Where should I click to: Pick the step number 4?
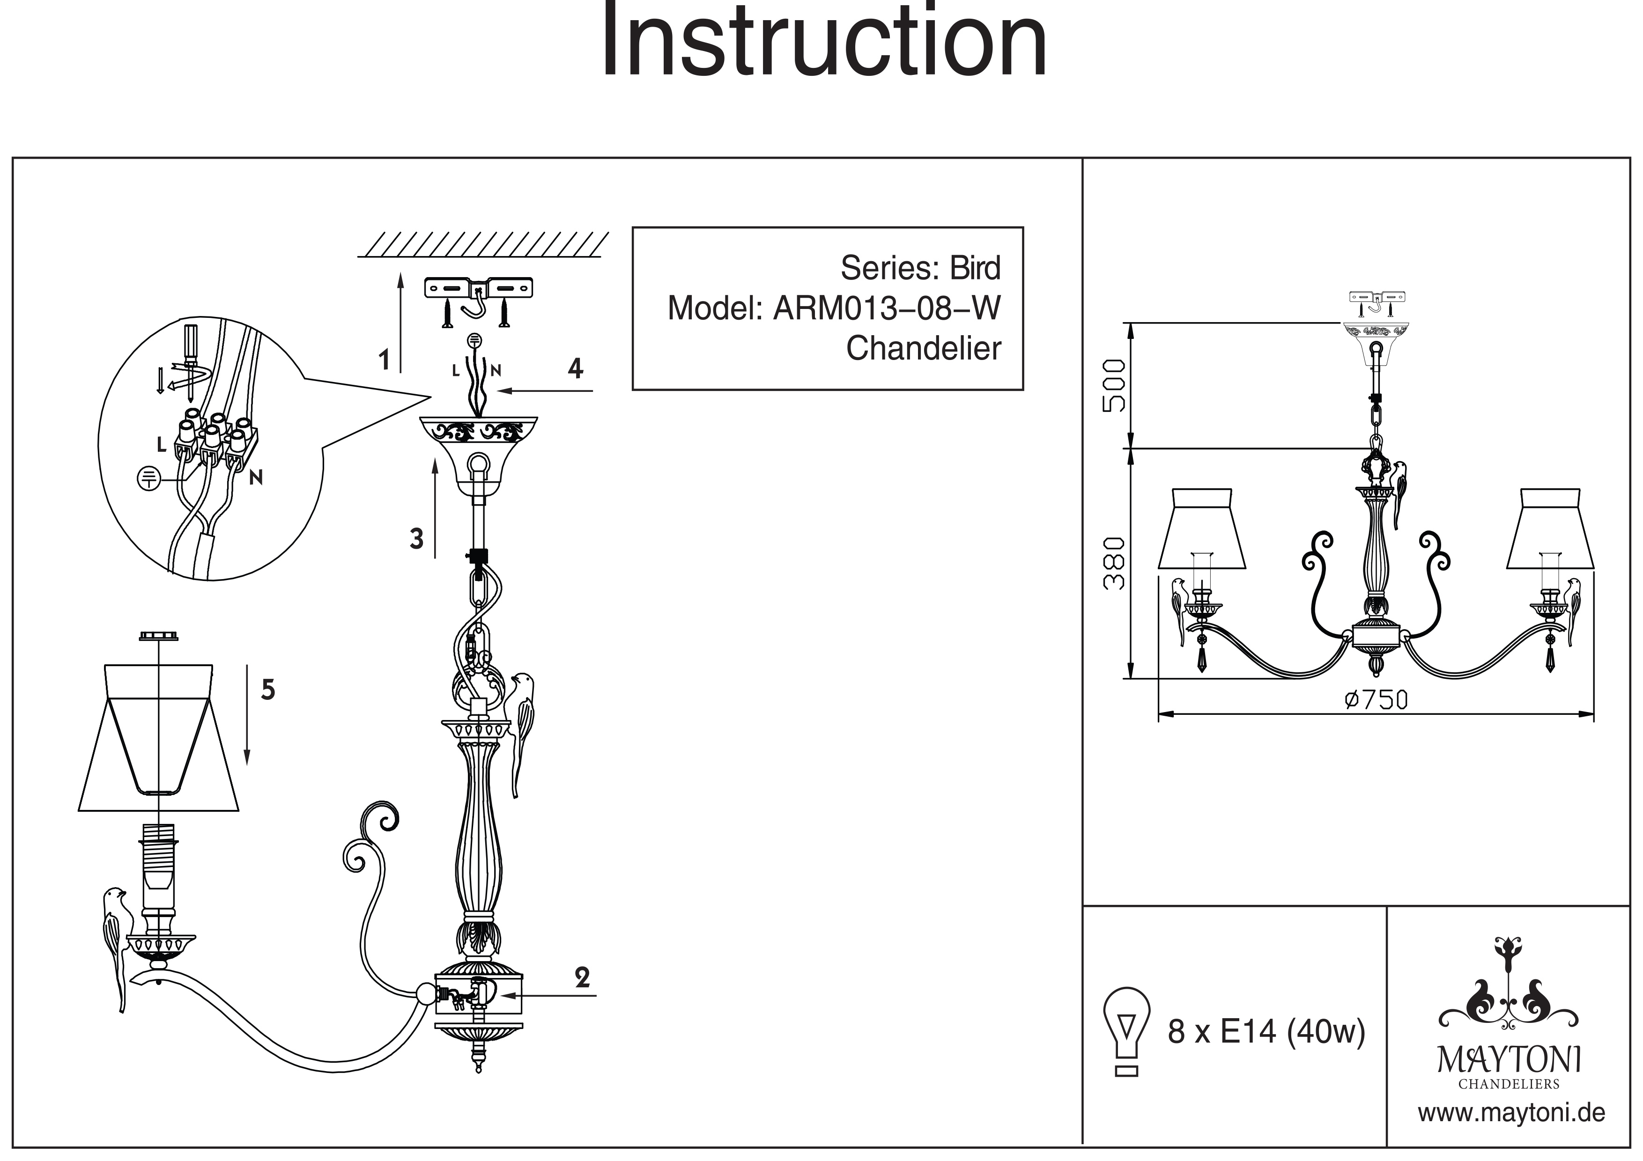(x=575, y=368)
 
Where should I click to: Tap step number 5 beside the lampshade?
(x=267, y=690)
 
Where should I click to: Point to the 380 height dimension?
(x=1113, y=563)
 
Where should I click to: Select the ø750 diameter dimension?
(x=1376, y=699)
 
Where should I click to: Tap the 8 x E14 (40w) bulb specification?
(x=1266, y=1031)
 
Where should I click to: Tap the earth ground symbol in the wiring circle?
(x=148, y=478)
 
